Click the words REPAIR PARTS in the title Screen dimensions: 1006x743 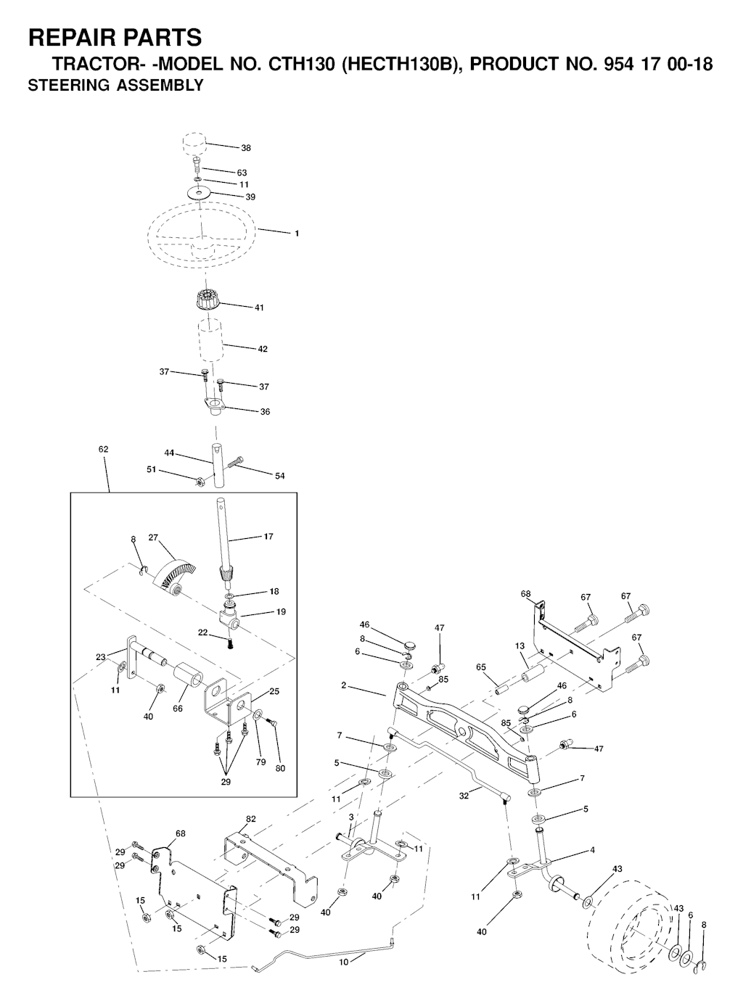[x=114, y=37]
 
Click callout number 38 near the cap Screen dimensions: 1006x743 [x=246, y=148]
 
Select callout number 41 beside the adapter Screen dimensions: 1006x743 [x=259, y=308]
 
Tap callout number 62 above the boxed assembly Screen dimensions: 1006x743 [x=103, y=450]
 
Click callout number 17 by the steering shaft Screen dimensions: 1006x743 [x=268, y=537]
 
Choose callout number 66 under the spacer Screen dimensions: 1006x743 [x=178, y=709]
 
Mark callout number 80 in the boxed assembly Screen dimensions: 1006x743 [x=280, y=768]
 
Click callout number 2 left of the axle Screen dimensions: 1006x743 [x=343, y=685]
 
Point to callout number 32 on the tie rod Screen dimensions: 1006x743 [x=464, y=796]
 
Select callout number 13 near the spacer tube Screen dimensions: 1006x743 [x=520, y=646]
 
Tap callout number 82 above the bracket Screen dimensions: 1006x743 [x=251, y=819]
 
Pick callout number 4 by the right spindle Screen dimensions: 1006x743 [x=593, y=850]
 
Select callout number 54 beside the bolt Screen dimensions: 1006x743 [x=279, y=476]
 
